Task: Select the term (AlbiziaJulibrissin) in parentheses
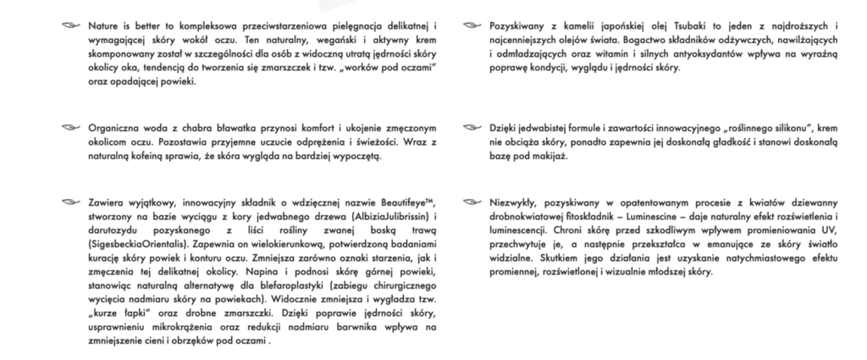pyautogui.click(x=378, y=218)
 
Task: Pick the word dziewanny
pyautogui.click(x=770, y=204)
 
